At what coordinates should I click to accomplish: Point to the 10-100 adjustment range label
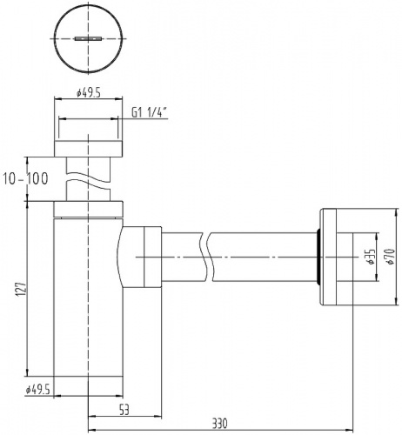tap(25, 178)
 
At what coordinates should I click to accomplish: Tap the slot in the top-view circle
tap(88, 39)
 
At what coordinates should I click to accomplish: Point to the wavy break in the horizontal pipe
tap(207, 258)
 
